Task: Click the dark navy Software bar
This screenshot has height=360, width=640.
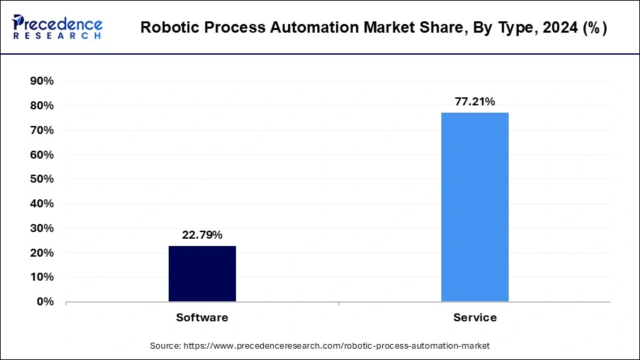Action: point(202,273)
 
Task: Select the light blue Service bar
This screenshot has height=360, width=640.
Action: point(475,207)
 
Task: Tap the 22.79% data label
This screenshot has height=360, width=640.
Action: point(202,235)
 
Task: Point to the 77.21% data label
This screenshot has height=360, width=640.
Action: point(475,102)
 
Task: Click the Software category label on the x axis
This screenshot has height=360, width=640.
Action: point(202,318)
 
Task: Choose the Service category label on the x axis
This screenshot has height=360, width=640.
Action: point(475,318)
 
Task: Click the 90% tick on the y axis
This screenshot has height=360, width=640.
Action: point(41,81)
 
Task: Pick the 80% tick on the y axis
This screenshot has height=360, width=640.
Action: point(41,106)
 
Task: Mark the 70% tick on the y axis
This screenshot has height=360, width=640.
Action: point(41,131)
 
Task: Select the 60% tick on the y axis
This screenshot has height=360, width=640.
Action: point(41,155)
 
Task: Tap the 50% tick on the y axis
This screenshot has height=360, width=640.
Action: point(41,179)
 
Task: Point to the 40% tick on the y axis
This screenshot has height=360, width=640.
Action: point(41,204)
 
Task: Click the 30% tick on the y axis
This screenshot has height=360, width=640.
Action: point(41,229)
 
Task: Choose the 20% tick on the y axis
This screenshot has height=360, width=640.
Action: point(41,253)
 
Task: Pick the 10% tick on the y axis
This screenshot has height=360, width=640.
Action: point(41,277)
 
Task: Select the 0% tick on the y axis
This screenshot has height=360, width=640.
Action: point(44,302)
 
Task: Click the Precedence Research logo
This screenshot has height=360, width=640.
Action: point(57,27)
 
